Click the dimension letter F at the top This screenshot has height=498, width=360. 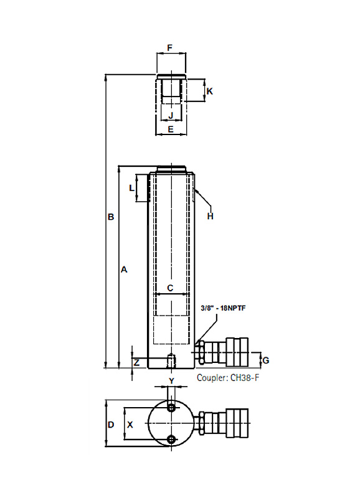[x=169, y=48]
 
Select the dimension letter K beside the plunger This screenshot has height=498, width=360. [x=210, y=92]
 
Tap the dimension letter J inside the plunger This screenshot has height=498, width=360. [x=171, y=115]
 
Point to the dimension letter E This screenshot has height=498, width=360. [x=171, y=129]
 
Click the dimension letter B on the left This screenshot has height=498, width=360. [x=111, y=217]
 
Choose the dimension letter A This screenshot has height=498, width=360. [x=124, y=270]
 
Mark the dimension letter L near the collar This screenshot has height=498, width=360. [x=131, y=188]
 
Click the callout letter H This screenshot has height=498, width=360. [x=210, y=216]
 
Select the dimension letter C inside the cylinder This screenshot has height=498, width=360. [x=170, y=288]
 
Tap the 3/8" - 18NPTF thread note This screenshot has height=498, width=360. [x=224, y=308]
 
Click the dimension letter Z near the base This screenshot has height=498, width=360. [x=136, y=362]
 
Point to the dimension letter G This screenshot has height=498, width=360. [x=265, y=360]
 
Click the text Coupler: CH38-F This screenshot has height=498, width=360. [x=228, y=378]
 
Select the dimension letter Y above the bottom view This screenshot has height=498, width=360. [x=171, y=381]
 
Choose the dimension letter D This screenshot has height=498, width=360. [x=111, y=425]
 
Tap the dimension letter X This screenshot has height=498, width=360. [x=130, y=425]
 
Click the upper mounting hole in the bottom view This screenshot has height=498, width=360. [x=171, y=408]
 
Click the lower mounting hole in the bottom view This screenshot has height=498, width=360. [x=171, y=439]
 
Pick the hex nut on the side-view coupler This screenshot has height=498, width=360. [x=201, y=352]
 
